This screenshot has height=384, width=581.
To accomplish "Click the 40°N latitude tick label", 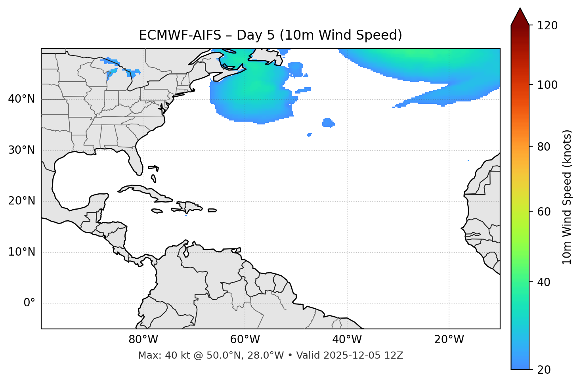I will click(21, 99).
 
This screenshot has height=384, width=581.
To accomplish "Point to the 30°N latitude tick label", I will click(21, 150).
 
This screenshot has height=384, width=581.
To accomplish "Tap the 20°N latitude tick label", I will click(21, 201).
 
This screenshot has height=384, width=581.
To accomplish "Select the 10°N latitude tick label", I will click(21, 252).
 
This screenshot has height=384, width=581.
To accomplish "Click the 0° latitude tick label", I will click(29, 303).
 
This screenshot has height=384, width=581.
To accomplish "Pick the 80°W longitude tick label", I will click(143, 340).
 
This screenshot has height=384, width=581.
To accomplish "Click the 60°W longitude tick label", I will click(245, 340).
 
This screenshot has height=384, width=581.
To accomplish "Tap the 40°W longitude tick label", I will click(347, 340).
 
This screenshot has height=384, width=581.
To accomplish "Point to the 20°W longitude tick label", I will click(449, 340).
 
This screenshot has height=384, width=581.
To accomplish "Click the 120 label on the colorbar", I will click(547, 25).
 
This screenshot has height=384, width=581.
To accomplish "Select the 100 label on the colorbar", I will click(547, 85).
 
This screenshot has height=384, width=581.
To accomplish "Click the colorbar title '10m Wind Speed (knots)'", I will click(567, 197).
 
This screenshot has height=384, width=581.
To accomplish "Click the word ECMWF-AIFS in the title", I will click(180, 35).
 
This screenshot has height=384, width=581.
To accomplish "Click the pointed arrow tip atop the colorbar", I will click(520, 10).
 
